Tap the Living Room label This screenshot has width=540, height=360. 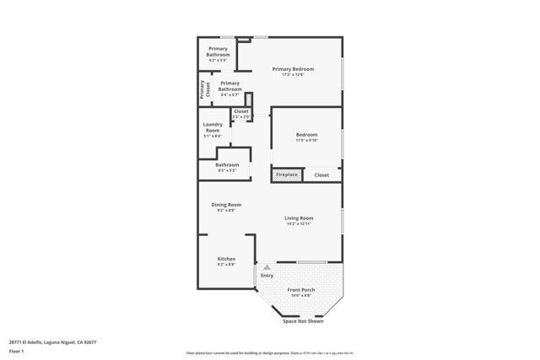tap(300, 218)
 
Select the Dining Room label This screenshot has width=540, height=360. tap(226, 205)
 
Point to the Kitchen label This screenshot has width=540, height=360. tap(226, 259)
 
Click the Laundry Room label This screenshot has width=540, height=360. tap(213, 128)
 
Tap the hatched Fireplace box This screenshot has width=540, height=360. tap(286, 175)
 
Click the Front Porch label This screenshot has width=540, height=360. tap(301, 290)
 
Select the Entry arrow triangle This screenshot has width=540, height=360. tap(267, 267)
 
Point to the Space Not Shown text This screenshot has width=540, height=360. tap(303, 321)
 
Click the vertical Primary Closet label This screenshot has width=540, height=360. tap(203, 89)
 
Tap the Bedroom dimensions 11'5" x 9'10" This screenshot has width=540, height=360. tap(306, 141)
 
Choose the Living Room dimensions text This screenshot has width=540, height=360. tap(300, 224)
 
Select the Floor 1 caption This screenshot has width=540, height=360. tap(17, 351)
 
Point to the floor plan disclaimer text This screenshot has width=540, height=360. tap(268, 353)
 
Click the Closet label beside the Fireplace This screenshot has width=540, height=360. tap(321, 175)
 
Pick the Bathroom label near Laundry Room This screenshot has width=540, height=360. tap(227, 164)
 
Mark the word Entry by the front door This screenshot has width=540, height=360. tap(267, 276)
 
